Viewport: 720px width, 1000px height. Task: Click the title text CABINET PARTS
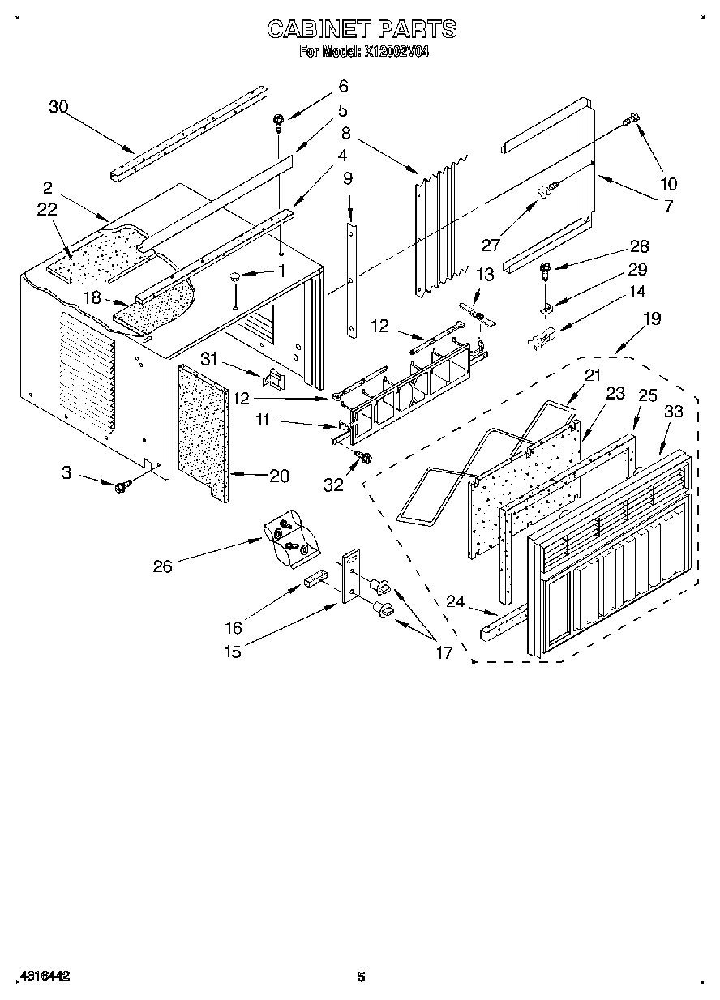point(362,30)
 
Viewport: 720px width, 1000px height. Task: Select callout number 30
point(58,106)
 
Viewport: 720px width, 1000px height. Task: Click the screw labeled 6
point(279,124)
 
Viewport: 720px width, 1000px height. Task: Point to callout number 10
point(669,183)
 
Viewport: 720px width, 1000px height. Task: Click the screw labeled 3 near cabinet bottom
point(123,485)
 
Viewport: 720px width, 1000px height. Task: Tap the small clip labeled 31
point(274,378)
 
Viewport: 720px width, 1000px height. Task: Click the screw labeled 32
point(363,458)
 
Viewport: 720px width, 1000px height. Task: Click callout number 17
point(444,652)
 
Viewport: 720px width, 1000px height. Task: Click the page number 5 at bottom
point(361,976)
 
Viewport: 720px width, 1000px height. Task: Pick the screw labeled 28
point(546,267)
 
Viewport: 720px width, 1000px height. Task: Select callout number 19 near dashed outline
point(651,319)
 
